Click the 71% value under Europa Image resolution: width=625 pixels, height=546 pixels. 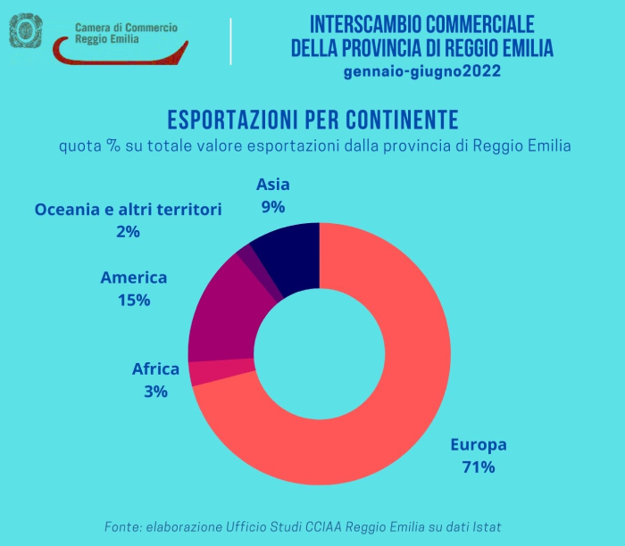tap(478, 466)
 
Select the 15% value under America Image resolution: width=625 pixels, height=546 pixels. tap(134, 300)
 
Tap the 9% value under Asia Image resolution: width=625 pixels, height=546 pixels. tap(273, 207)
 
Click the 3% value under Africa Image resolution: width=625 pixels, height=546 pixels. tap(155, 390)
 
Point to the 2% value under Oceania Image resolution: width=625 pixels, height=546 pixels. tap(128, 232)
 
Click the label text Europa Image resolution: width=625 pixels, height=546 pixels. tap(478, 444)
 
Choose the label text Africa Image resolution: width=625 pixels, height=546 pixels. tap(155, 368)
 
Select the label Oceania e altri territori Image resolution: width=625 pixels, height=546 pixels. tap(128, 210)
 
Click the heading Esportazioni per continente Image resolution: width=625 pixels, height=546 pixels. tap(312, 120)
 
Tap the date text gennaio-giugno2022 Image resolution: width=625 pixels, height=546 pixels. tap(422, 70)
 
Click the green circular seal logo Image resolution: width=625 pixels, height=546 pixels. tap(26, 31)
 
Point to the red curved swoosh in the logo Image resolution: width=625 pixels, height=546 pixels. tap(116, 54)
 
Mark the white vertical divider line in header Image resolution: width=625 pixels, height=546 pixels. tap(230, 41)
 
